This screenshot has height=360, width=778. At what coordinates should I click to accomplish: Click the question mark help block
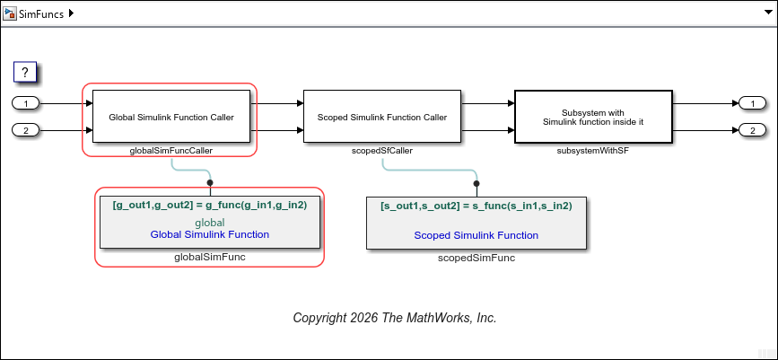pyautogui.click(x=26, y=72)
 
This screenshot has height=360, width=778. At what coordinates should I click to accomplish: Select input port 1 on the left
pyautogui.click(x=26, y=103)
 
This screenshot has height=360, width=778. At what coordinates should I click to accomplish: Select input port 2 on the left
pyautogui.click(x=26, y=130)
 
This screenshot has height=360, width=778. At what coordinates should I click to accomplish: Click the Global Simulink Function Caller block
pyautogui.click(x=170, y=117)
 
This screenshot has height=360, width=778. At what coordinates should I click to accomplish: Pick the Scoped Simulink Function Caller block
pyautogui.click(x=382, y=117)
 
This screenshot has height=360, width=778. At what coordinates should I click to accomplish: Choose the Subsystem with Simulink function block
pyautogui.click(x=593, y=117)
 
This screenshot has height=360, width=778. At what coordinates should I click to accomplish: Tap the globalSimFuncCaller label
pyautogui.click(x=171, y=151)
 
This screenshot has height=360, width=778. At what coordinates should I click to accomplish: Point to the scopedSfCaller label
pyautogui.click(x=382, y=151)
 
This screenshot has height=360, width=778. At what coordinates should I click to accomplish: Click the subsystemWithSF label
pyautogui.click(x=593, y=151)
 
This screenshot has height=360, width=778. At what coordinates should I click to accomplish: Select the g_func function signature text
pyautogui.click(x=210, y=205)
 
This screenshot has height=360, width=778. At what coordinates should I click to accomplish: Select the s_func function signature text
pyautogui.click(x=476, y=206)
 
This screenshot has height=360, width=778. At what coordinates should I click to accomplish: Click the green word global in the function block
pyautogui.click(x=210, y=222)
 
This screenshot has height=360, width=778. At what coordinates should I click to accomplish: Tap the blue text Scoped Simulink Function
pyautogui.click(x=476, y=235)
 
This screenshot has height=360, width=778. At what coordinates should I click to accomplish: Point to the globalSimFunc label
pyautogui.click(x=210, y=257)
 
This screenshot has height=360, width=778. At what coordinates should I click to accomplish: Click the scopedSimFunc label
pyautogui.click(x=476, y=258)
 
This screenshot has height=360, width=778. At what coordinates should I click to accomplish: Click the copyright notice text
pyautogui.click(x=395, y=318)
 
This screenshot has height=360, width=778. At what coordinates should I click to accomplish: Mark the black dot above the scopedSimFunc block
pyautogui.click(x=476, y=182)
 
